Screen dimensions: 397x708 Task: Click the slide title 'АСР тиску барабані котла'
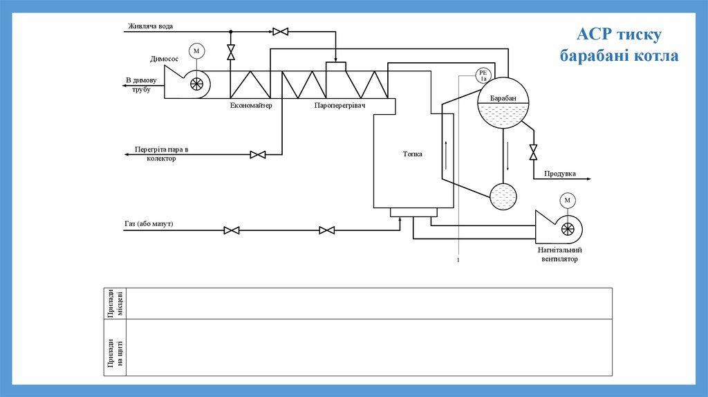pos(619,45)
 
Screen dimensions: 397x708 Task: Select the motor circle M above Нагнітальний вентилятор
pos(568,201)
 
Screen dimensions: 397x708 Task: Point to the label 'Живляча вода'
pos(150,27)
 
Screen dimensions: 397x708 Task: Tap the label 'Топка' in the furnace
pos(413,154)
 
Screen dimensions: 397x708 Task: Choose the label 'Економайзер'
pos(252,105)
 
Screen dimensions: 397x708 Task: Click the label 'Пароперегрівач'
pos(339,105)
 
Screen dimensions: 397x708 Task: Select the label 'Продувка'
pos(560,174)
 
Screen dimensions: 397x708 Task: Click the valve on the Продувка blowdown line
pos(533,151)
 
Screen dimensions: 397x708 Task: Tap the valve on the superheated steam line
pos(258,154)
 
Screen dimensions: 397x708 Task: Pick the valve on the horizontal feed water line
pos(281,31)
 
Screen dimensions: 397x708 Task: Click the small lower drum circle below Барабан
pos(503,196)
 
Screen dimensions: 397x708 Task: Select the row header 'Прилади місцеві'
pos(115,304)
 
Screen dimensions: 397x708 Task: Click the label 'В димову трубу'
pos(142,84)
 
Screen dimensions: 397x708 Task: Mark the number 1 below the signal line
pos(458,260)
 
